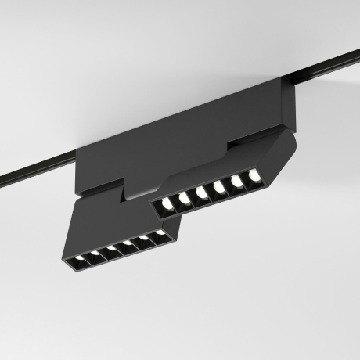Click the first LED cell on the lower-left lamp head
[x=77, y=258]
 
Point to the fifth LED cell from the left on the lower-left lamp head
[x=144, y=239]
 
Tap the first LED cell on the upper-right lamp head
[x=166, y=206]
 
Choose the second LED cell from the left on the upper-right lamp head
[x=184, y=200]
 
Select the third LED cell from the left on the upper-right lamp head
[x=201, y=193]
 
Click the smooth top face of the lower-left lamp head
[x=110, y=219]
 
